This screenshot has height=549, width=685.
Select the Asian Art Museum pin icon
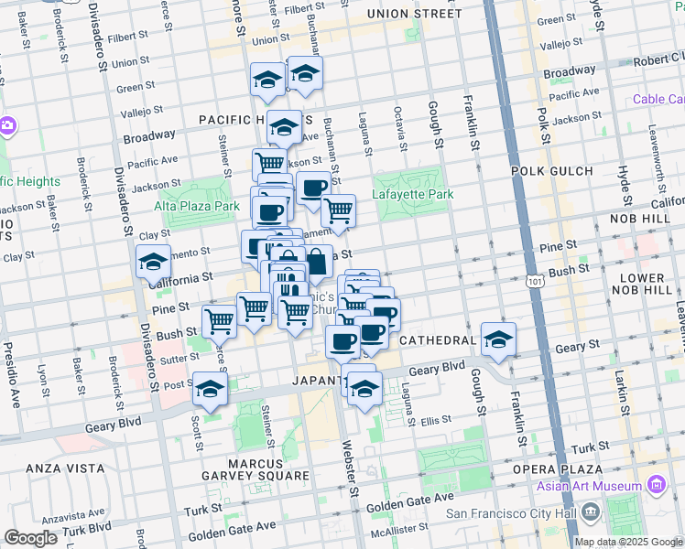pos(655,484)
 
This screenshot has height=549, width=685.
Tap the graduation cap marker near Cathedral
pos(496,340)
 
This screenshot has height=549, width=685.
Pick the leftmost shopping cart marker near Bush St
pos(220,321)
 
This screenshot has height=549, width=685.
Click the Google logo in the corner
pos(30,538)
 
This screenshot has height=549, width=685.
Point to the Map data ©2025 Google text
pos(628,542)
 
